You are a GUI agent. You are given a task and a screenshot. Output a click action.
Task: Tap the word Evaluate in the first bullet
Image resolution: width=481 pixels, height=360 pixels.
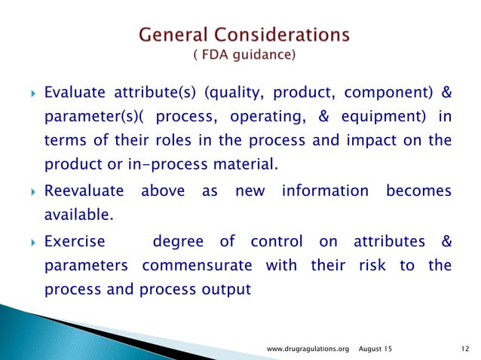[x=74, y=94]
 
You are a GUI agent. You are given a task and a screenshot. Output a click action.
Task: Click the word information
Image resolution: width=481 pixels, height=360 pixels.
[x=325, y=192]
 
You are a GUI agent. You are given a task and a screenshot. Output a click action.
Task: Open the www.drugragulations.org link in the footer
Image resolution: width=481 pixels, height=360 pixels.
[x=310, y=348]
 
